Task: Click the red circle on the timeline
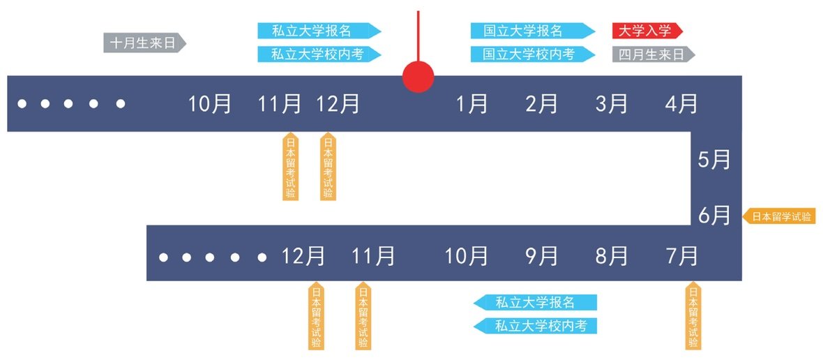(418, 75)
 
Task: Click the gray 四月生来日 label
(652, 54)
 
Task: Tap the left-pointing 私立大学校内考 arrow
(536, 325)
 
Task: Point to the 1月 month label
(472, 104)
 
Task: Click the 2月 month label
(542, 104)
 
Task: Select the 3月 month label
(612, 104)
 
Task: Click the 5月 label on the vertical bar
(715, 160)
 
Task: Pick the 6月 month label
(715, 216)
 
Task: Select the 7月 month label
(681, 256)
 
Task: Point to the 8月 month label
(612, 256)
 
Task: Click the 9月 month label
(542, 256)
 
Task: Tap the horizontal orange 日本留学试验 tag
(780, 216)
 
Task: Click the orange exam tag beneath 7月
(693, 315)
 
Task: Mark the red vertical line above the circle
(418, 35)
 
